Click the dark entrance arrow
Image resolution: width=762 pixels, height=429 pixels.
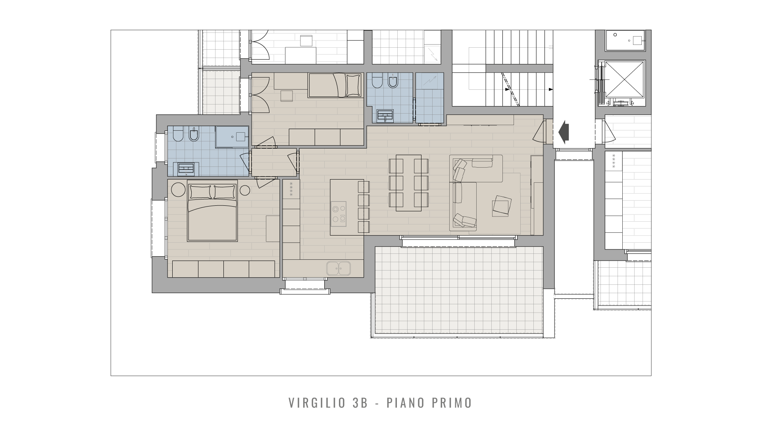click(x=564, y=132)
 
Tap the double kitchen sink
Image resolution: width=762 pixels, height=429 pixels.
click(x=339, y=268)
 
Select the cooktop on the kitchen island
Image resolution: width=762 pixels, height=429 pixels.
click(x=339, y=214)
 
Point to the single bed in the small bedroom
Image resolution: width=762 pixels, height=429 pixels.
click(x=335, y=85)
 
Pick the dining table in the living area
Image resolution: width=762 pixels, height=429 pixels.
click(x=409, y=183)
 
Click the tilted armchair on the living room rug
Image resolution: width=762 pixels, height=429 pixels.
click(x=502, y=206)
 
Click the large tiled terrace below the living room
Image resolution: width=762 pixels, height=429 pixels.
click(x=459, y=290)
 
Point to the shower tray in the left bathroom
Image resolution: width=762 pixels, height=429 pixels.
click(x=232, y=137)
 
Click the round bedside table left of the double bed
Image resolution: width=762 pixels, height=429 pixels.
click(x=178, y=189)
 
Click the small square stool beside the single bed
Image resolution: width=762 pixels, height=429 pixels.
click(x=286, y=96)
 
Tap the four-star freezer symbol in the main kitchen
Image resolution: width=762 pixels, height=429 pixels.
click(x=291, y=189)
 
